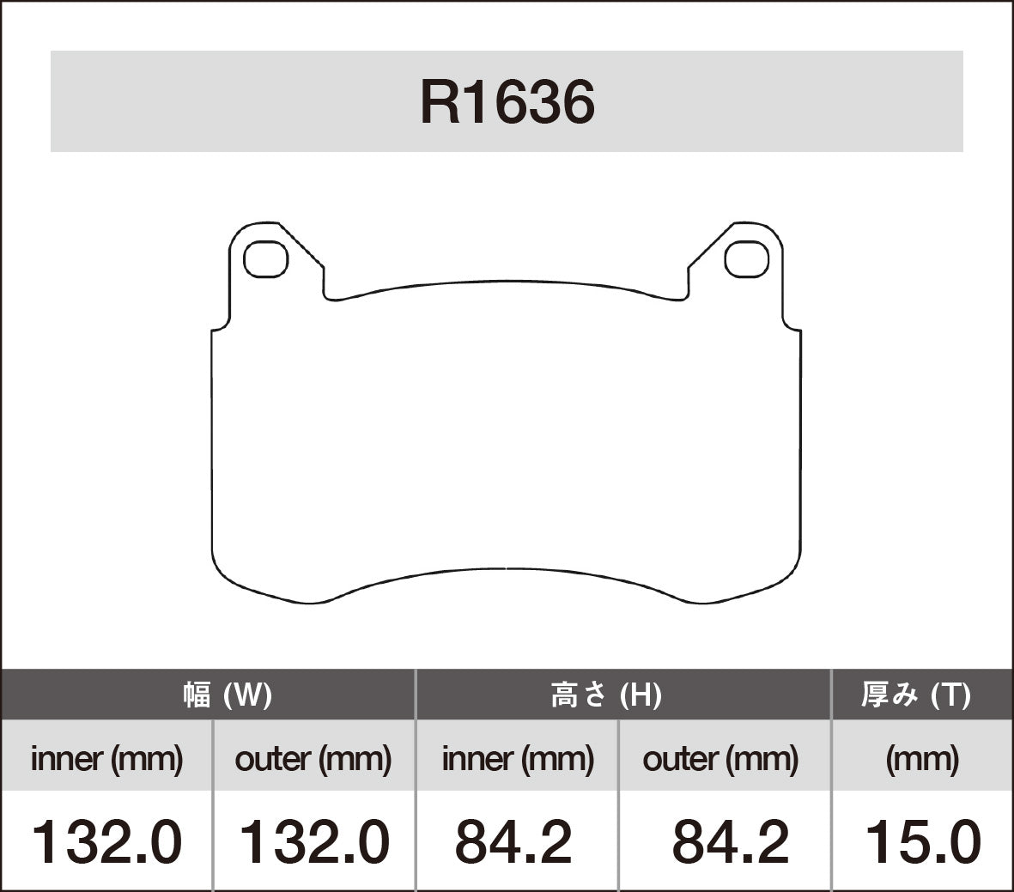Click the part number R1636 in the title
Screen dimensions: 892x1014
[x=507, y=102]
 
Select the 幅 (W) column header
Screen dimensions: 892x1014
[x=227, y=695]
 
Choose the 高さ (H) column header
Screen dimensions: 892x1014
[x=605, y=695]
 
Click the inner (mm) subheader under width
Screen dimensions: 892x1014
[x=106, y=759]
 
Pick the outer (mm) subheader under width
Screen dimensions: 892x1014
[x=313, y=759]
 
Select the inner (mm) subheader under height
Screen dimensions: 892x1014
[x=518, y=759]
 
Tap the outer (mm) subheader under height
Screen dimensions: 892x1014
[x=720, y=759]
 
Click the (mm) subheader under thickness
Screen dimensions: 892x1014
[x=922, y=759]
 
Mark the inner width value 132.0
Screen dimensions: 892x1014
[x=106, y=841]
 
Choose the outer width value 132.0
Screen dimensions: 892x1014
[x=313, y=841]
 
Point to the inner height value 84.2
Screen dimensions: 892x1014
[x=513, y=841]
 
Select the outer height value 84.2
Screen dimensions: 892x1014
[x=730, y=841]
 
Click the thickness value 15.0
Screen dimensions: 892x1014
[x=922, y=841]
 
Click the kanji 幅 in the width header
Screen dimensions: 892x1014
[x=197, y=695]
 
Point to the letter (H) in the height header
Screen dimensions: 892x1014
[x=641, y=695]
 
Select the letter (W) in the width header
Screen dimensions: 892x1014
[x=248, y=695]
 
